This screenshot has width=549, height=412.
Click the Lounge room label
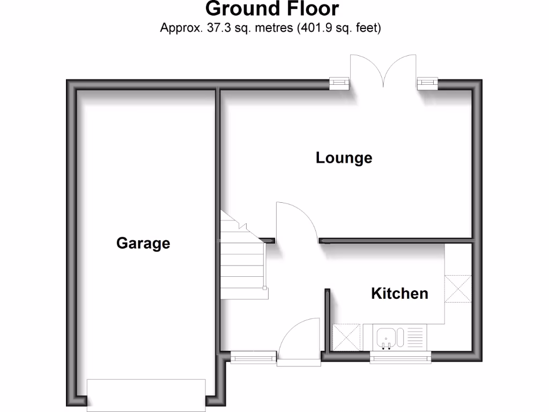[344, 158]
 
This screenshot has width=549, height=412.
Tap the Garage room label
[143, 243]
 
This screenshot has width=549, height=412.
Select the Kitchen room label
[399, 293]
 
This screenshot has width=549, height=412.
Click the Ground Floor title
[272, 9]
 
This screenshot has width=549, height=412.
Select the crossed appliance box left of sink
[346, 337]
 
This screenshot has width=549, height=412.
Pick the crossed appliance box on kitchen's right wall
[458, 289]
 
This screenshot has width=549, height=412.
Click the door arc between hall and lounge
[296, 220]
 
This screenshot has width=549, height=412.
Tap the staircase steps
[243, 263]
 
